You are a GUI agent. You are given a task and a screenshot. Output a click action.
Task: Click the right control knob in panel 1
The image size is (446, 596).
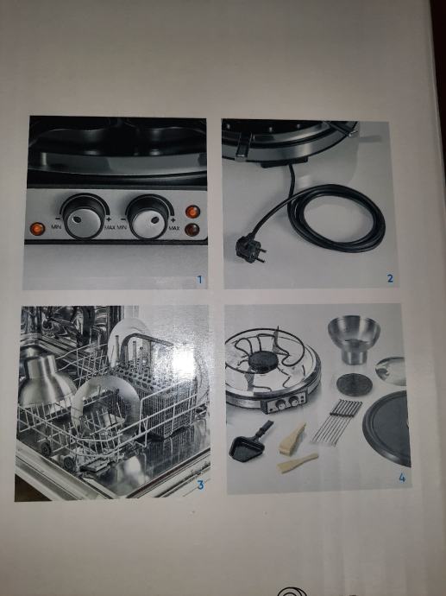click(149, 218)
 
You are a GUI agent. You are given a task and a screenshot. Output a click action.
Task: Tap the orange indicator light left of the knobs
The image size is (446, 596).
click(37, 229)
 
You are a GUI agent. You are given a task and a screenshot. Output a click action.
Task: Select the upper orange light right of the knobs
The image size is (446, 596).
click(192, 212)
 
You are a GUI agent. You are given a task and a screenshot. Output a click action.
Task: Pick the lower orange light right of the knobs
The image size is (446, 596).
click(192, 230)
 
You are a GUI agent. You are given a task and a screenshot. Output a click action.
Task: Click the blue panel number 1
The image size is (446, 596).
click(199, 280)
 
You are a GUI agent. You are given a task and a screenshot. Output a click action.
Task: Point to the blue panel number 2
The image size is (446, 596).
click(390, 279)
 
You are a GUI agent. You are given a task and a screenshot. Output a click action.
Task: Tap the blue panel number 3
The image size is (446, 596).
click(200, 485)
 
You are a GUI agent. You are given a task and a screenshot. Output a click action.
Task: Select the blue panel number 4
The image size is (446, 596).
click(402, 478)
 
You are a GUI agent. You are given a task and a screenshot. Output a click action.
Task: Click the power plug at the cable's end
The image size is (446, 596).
click(249, 249)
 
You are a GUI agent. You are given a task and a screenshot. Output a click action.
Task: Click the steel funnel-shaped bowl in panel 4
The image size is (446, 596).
click(354, 339)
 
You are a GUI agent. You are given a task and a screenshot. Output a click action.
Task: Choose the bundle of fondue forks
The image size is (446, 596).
click(337, 422)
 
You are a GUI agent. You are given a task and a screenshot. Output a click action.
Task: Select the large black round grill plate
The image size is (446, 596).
click(386, 428)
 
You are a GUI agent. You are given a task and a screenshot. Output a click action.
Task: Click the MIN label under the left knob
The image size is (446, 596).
click(56, 227)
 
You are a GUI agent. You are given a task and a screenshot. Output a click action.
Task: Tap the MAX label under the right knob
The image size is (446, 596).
click(174, 228)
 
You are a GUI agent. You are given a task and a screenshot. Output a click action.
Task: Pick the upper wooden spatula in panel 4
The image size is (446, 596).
click(292, 439)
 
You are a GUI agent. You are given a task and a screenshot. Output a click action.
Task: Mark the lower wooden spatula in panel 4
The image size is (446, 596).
click(298, 463)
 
